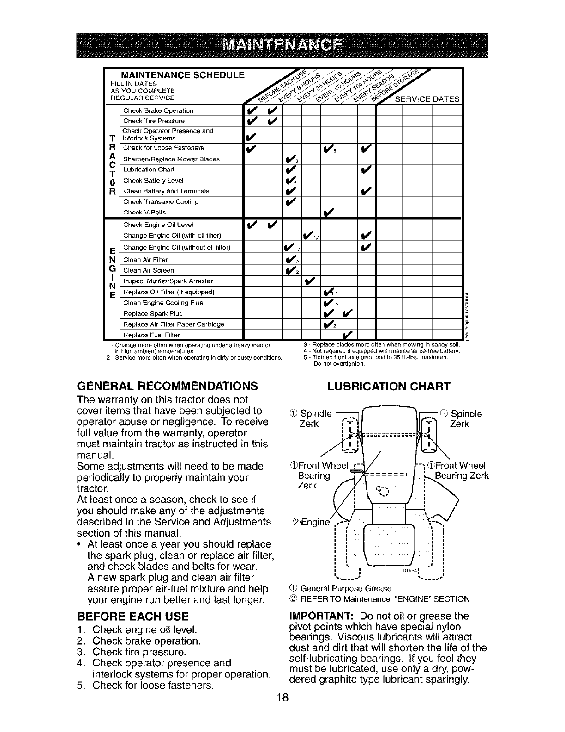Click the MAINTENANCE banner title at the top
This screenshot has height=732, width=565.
pos(282,45)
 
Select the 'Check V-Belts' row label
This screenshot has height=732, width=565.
pos(144,213)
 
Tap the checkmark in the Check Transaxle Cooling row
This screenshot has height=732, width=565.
pos(290,201)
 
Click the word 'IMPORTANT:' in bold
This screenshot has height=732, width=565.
pos(321,616)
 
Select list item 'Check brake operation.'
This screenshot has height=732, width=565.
pos(146,641)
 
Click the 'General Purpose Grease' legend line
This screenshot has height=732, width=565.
pos(340,588)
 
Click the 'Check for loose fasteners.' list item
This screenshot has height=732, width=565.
pos(153,685)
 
